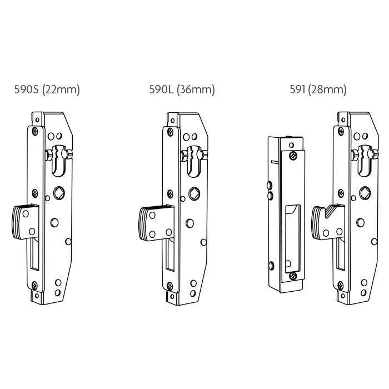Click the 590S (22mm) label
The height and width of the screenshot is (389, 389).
tap(47, 89)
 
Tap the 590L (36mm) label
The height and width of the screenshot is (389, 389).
tap(182, 89)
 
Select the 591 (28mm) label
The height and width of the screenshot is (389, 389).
tap(318, 89)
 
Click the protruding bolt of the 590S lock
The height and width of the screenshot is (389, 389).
tap(26, 222)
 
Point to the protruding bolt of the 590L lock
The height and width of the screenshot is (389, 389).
tap(156, 223)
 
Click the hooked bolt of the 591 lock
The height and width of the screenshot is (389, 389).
tap(328, 222)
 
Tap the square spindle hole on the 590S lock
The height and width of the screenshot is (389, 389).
tap(59, 193)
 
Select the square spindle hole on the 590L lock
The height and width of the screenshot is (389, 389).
tap(194, 193)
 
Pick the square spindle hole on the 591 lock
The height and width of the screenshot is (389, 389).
tap(365, 193)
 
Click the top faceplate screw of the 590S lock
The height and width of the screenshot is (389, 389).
tap(35, 131)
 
